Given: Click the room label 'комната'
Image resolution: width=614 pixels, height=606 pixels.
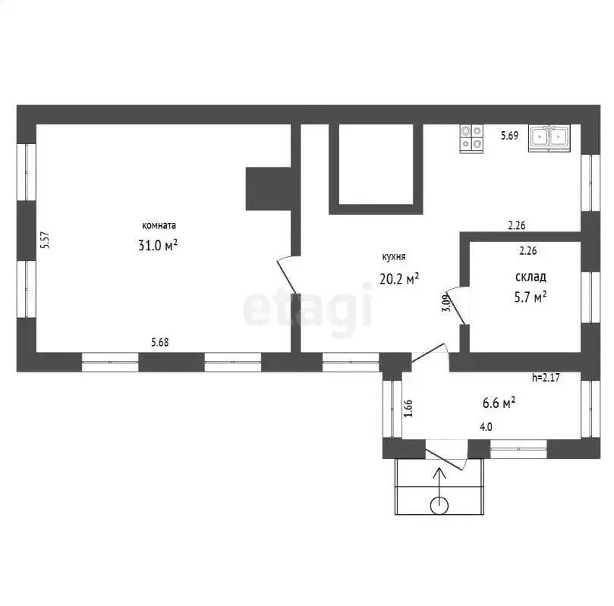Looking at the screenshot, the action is pos(159,226).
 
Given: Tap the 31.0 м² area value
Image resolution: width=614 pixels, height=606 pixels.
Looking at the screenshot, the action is pos(158,245).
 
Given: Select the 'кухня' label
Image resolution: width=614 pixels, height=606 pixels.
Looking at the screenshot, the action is pos(394,257).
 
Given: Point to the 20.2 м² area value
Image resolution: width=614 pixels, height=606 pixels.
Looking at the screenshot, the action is pos(399,278).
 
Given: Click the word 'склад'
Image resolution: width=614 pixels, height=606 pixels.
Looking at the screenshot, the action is pos(531,277).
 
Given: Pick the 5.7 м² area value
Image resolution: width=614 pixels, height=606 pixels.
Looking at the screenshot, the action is pos(531,297).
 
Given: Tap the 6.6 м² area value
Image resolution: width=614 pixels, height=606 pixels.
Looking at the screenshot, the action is pos(499,403).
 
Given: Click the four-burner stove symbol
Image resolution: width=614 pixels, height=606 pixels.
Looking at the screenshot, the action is pos(471,139).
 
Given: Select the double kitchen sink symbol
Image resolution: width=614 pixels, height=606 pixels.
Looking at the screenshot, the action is pos(549,138).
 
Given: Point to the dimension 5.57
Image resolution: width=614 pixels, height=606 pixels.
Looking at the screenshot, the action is pos(46,240).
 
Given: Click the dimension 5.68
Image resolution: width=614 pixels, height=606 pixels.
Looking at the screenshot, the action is pos(160,342).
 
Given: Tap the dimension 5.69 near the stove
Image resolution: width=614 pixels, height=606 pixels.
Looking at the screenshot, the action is pos(509,136).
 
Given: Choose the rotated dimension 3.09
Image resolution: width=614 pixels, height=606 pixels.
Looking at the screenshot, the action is pos(446,303).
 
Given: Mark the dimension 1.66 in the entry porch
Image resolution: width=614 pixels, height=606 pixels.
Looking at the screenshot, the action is pos(408,408).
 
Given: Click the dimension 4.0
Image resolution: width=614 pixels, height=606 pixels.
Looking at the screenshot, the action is pos(486,427).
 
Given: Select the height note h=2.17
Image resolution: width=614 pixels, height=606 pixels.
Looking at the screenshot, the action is pos(546,378).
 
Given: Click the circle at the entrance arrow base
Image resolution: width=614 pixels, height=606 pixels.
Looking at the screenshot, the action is pos(439,506).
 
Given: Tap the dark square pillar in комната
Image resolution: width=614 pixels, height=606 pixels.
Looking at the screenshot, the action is pos(268,189).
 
